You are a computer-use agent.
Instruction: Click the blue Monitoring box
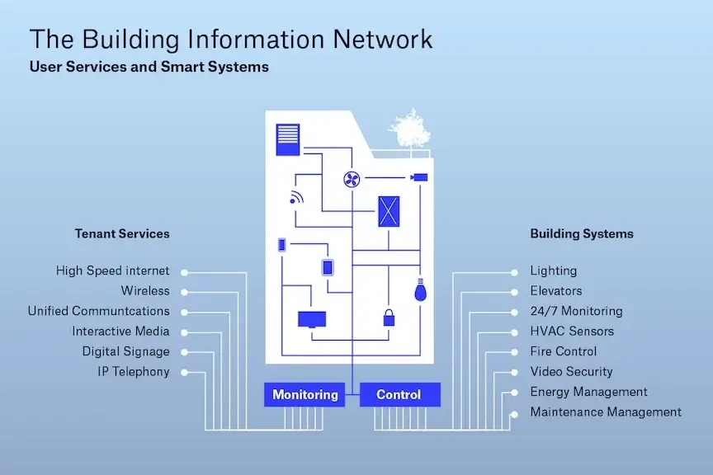point(305,395)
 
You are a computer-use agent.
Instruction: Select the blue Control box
point(399,395)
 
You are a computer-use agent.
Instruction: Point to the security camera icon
point(420,176)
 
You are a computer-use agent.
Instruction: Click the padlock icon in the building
point(388,317)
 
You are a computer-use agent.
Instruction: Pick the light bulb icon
point(421,289)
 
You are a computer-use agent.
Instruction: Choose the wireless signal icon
point(296,198)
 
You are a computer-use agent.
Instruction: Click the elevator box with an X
point(389,211)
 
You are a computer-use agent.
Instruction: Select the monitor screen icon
point(311,319)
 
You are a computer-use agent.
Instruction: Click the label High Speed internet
point(112,270)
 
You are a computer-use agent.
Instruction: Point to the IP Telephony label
point(134,372)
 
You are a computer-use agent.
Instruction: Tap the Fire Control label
point(563,351)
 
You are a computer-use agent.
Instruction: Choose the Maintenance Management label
point(606,412)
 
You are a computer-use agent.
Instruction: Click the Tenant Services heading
point(122,233)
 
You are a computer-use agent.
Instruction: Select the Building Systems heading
point(582,233)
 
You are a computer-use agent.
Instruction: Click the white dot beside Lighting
point(514,271)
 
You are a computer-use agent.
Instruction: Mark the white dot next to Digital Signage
point(184,352)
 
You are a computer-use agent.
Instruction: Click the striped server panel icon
point(287,139)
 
